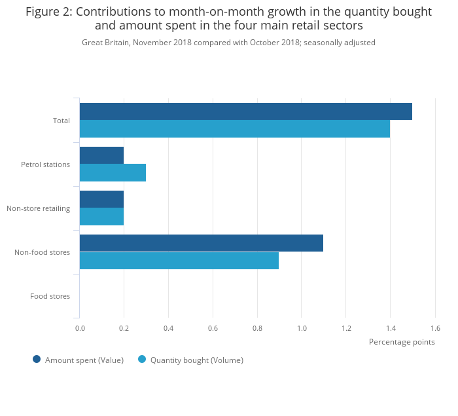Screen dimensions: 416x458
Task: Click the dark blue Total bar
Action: coord(245,111)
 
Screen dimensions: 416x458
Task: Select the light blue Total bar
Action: coord(234,129)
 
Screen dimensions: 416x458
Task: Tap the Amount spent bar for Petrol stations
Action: coord(101,155)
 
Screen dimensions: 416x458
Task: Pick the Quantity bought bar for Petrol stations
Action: coord(113,173)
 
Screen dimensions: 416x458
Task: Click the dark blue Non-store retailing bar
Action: coord(101,199)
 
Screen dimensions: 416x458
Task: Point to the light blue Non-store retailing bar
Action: coord(101,217)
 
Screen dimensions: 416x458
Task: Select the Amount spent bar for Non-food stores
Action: coord(201,243)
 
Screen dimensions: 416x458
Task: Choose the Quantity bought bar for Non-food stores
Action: coord(179,261)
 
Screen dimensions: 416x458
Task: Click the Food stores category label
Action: coord(50,296)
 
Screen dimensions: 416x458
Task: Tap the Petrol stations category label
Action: coord(45,164)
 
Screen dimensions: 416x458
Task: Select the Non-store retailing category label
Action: coord(38,208)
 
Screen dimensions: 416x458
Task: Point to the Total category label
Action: coord(62,121)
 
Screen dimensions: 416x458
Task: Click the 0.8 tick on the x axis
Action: coord(257,328)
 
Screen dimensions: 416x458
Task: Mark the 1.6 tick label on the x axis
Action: coord(435,328)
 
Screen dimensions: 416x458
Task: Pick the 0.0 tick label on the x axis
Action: coord(80,328)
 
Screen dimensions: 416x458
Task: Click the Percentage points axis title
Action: coord(402,342)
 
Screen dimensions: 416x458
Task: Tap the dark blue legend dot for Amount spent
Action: coord(37,359)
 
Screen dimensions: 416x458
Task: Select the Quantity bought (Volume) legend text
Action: coord(196,360)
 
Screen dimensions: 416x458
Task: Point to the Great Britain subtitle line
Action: coord(228,43)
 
